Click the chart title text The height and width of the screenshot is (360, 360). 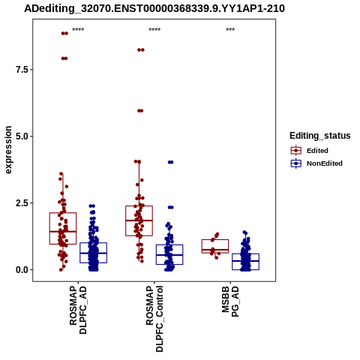pyautogui.click(x=154, y=8)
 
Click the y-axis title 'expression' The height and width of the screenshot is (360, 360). pyautogui.click(x=8, y=150)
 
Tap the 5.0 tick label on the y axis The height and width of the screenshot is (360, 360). pyautogui.click(x=22, y=136)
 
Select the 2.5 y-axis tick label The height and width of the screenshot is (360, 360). pyautogui.click(x=22, y=203)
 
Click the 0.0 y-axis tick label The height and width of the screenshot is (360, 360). pyautogui.click(x=22, y=270)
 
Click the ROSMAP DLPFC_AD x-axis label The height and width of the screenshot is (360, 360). pyautogui.click(x=78, y=310)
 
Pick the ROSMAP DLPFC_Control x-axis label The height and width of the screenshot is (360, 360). pyautogui.click(x=154, y=319)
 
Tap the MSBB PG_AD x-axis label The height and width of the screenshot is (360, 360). pyautogui.click(x=230, y=301)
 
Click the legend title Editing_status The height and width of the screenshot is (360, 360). pyautogui.click(x=320, y=136)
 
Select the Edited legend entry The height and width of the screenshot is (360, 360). pyautogui.click(x=310, y=151)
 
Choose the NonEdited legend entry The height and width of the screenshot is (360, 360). pyautogui.click(x=316, y=163)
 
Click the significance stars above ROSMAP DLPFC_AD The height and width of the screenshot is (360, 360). pyautogui.click(x=78, y=29)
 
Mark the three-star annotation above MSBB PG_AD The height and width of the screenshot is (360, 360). pyautogui.click(x=230, y=29)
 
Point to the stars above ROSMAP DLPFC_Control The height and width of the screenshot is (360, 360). pyautogui.click(x=154, y=29)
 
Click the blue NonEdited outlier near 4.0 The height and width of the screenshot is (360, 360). pyautogui.click(x=171, y=162)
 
